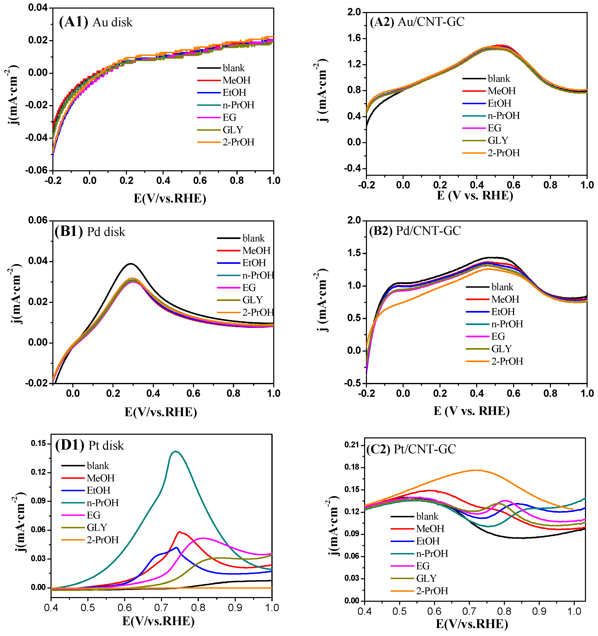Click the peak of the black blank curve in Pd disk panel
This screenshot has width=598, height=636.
coord(130,264)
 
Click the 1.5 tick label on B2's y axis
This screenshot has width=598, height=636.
coord(354,253)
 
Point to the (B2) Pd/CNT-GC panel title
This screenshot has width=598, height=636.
coord(415,230)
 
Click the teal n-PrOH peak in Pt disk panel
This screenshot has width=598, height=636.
coord(175,451)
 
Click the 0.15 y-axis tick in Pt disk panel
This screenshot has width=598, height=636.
coord(38,444)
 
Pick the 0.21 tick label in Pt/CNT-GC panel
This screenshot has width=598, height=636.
coord(352,445)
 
